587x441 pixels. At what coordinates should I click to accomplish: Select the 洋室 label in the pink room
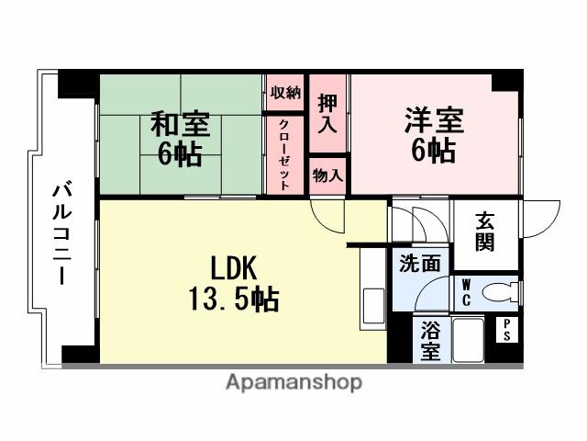click(x=433, y=120)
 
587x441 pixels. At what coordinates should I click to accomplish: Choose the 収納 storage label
click(x=285, y=93)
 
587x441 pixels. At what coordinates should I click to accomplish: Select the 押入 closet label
click(x=327, y=113)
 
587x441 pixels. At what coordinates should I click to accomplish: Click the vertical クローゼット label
click(x=285, y=153)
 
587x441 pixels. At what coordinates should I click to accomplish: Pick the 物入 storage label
click(x=327, y=175)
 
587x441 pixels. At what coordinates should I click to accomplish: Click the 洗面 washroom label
click(x=419, y=264)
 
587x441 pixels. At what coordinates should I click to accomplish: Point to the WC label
click(x=466, y=292)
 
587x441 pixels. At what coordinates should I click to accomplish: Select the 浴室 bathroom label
click(x=429, y=339)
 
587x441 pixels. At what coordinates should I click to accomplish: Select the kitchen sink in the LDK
click(x=373, y=304)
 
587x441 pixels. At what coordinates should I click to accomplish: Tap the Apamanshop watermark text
click(x=293, y=381)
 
